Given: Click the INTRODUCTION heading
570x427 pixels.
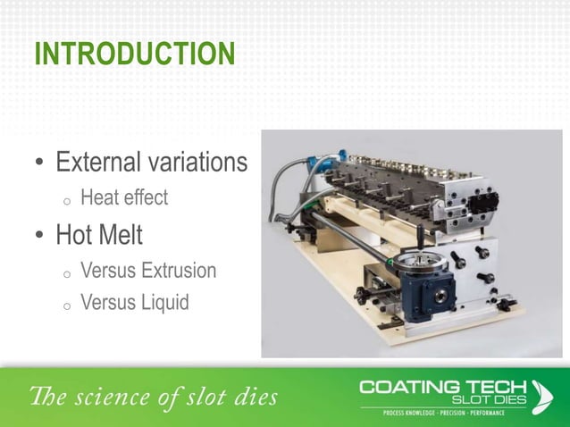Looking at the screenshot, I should coord(134,54).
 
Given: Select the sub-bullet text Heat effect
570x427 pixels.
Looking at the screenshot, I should coord(123,197).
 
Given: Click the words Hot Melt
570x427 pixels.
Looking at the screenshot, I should coord(99,236).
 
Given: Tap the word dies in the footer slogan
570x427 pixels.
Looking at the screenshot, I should coord(256,395).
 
